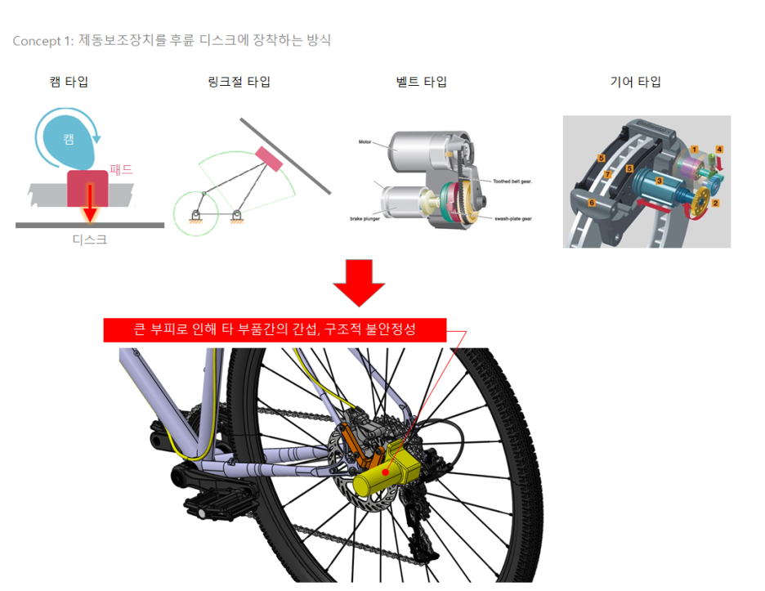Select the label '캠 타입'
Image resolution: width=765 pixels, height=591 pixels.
(x=69, y=82)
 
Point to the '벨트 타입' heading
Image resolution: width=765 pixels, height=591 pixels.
(x=421, y=82)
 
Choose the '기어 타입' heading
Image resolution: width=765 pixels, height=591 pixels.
(x=635, y=82)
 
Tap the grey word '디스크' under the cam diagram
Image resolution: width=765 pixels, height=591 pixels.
(x=90, y=240)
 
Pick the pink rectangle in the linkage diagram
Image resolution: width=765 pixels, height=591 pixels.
(x=269, y=159)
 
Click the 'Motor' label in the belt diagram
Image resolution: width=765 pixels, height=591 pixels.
(x=365, y=141)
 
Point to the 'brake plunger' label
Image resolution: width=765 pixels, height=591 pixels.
(x=365, y=219)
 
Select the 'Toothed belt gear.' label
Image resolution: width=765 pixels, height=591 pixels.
(x=512, y=181)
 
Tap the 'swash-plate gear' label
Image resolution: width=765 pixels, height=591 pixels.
(x=512, y=218)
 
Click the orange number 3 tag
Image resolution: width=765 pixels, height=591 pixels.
(x=659, y=179)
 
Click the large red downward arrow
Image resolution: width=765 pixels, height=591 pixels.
(x=358, y=282)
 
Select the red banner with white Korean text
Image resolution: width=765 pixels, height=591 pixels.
(x=275, y=329)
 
